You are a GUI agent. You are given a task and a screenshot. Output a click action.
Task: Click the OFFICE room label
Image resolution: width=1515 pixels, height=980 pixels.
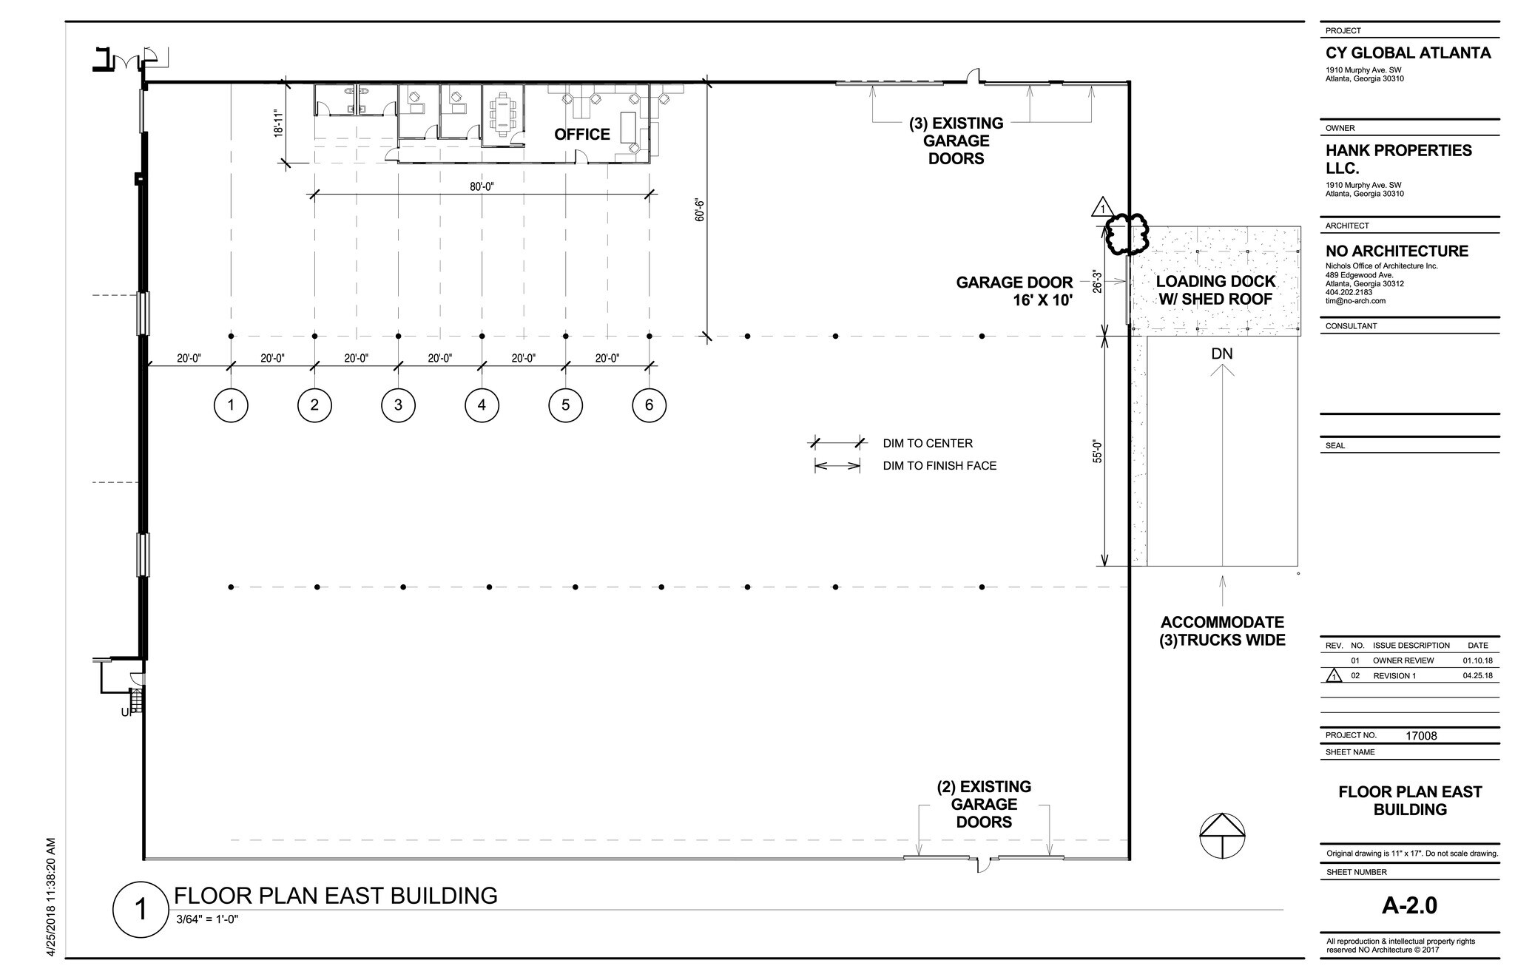582,134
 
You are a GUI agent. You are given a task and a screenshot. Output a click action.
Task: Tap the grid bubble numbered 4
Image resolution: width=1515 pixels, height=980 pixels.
482,405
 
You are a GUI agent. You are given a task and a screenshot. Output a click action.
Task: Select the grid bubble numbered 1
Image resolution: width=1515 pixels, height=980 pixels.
231,405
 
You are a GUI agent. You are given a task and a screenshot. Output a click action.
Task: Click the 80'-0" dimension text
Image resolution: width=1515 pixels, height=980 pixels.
482,186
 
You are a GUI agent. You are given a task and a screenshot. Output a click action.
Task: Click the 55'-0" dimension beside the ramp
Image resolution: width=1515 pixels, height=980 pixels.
1098,451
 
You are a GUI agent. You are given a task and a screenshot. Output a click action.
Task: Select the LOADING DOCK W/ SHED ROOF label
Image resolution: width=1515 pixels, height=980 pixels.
1215,290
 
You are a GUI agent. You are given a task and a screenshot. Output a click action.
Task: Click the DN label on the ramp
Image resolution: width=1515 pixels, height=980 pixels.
1222,354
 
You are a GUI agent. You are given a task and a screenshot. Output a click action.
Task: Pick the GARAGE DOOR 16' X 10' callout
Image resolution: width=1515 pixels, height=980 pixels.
1014,291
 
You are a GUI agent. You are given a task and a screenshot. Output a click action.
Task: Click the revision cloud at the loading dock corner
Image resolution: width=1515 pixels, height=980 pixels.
1125,234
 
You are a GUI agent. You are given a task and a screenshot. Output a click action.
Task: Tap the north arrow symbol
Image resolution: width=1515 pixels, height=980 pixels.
1221,836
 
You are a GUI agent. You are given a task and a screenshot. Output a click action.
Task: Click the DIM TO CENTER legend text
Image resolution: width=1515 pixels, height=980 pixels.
928,443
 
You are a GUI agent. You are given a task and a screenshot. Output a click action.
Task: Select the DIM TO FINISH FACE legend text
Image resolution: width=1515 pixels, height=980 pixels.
939,465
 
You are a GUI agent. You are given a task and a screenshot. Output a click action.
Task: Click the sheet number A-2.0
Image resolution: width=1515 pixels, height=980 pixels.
1409,906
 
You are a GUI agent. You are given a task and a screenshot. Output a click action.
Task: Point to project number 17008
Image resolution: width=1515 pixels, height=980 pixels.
1421,736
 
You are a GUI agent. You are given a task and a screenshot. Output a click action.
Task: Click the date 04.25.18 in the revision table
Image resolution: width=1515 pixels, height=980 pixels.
1477,675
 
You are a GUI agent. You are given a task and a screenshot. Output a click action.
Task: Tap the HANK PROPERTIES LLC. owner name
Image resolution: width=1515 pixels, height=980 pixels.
1398,159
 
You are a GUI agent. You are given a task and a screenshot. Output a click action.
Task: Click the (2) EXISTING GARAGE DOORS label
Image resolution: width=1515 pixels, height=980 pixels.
983,804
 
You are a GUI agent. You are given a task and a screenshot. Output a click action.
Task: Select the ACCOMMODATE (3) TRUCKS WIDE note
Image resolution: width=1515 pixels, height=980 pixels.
1222,631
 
